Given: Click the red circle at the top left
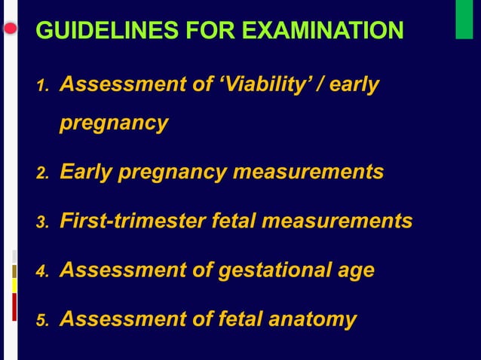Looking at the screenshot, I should [10, 29].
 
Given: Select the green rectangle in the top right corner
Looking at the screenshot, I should [464, 20].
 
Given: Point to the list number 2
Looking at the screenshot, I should [42, 175].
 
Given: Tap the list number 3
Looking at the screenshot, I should [42, 224].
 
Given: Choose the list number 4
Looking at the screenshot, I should [42, 272].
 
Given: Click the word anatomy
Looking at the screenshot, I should [311, 319].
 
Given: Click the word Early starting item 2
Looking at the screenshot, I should [85, 172].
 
